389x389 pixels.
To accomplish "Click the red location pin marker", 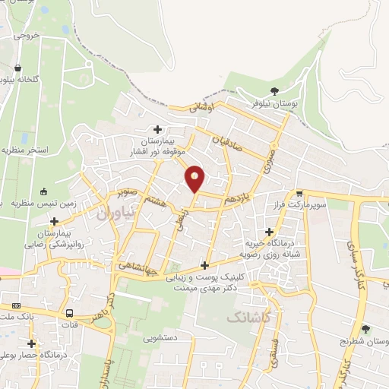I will click(x=195, y=178).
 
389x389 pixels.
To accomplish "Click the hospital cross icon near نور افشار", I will click(x=158, y=129).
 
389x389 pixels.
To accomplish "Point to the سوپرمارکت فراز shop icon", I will click(x=300, y=194).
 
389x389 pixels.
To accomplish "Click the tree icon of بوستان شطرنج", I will click(x=366, y=329).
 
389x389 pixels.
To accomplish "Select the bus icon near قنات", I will click(x=70, y=313).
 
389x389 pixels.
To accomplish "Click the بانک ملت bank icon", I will click(x=17, y=305).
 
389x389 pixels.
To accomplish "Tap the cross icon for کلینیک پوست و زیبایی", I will click(x=204, y=265).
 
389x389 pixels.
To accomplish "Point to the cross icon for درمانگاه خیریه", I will click(x=268, y=232).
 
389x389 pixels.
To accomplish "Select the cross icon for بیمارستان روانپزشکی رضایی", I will click(x=54, y=220).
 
